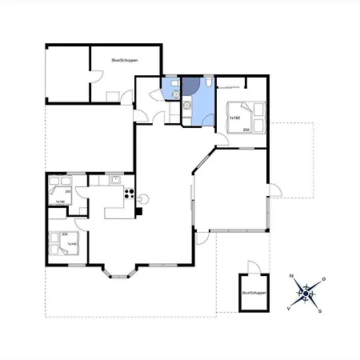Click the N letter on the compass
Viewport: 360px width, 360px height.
(x=292, y=276)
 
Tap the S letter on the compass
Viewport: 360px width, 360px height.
(x=319, y=311)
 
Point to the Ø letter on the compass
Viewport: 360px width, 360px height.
(x=322, y=279)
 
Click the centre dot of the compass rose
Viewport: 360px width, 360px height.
(x=305, y=294)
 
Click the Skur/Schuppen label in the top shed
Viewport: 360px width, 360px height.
(x=124, y=60)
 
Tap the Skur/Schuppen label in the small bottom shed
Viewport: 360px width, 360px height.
(x=253, y=294)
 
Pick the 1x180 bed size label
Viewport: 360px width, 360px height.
(x=235, y=118)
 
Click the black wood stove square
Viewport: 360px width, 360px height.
(x=138, y=212)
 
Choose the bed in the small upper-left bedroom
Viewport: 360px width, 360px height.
(x=59, y=192)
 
